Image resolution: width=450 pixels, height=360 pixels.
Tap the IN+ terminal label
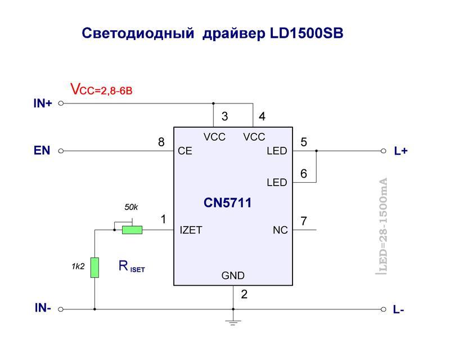43,103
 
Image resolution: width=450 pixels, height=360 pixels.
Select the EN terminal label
42,151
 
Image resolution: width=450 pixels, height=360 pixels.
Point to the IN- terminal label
43,308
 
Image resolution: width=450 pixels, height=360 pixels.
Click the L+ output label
400,151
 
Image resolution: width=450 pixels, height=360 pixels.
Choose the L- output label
399,309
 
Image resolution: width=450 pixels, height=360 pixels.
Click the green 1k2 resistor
94,267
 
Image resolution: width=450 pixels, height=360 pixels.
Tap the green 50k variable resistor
133,229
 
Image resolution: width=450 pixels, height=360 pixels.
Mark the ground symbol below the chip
233,321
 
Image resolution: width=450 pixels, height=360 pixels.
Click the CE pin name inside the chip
185,151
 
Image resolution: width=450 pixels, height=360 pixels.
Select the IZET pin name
191,230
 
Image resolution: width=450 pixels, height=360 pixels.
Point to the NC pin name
280,230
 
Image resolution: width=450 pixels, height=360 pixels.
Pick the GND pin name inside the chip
233,276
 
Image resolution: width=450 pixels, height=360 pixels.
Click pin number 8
161,142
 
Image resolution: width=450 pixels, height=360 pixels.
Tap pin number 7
304,221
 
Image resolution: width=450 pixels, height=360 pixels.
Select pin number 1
164,219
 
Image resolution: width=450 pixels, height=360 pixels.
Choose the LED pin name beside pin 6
277,183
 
